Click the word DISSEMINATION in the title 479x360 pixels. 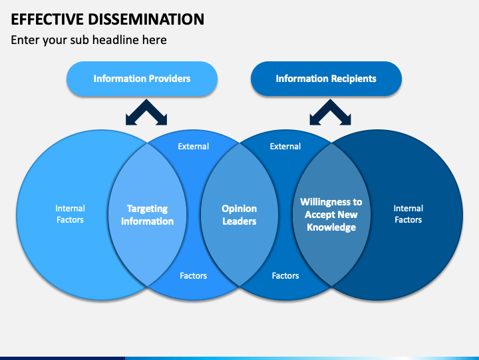tap(146, 19)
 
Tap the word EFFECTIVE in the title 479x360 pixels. tap(47, 19)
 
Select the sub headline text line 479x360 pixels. tap(88, 40)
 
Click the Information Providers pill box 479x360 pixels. tap(142, 79)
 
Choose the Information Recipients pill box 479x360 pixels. tap(326, 79)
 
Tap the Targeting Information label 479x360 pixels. tap(147, 215)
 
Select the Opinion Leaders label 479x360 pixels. tap(239, 215)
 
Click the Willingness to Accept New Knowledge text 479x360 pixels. tap(331, 215)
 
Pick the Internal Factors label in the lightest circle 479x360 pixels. tap(70, 214)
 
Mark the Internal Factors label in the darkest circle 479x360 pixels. tap(408, 214)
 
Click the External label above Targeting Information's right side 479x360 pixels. tap(194, 146)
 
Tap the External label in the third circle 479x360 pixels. tap(285, 146)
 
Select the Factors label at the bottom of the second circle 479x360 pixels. tap(194, 276)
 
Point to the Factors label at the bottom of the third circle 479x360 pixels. tap(285, 276)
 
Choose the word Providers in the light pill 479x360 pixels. tap(168, 79)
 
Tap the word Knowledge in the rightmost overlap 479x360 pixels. tap(331, 227)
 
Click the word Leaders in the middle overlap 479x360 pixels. tap(239, 221)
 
